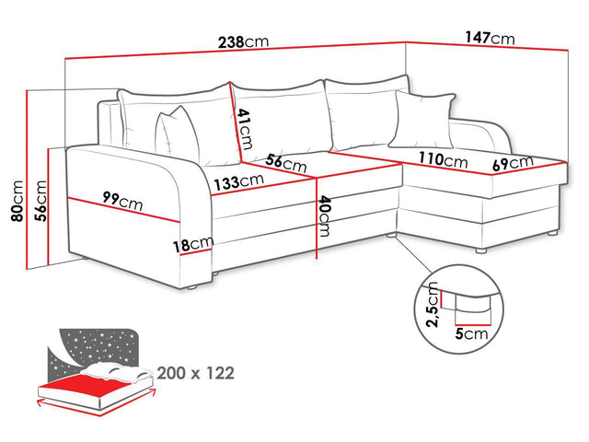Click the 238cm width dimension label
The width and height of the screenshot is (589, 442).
tap(243, 41)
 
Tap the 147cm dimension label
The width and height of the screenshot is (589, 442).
tap(490, 38)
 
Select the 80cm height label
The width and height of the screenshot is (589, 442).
tap(17, 201)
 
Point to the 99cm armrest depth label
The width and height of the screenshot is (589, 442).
tap(122, 201)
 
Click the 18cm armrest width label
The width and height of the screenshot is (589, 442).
tap(193, 244)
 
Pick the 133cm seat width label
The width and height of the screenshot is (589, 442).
tap(238, 182)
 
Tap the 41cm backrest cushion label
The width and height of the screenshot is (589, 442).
tap(245, 129)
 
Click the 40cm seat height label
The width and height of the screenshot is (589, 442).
tap(324, 216)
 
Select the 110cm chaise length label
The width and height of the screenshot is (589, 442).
tap(444, 159)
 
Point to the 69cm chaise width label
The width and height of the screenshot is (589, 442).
tap(513, 163)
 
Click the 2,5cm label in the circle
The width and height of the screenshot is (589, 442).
tap(433, 305)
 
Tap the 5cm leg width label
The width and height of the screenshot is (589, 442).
tap(471, 333)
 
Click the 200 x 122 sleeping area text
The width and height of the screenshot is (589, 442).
tap(196, 373)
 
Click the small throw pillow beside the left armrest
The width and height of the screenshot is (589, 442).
tap(178, 135)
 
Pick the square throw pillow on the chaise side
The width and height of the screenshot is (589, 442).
tap(422, 120)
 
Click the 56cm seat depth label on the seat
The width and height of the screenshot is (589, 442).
tap(286, 163)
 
